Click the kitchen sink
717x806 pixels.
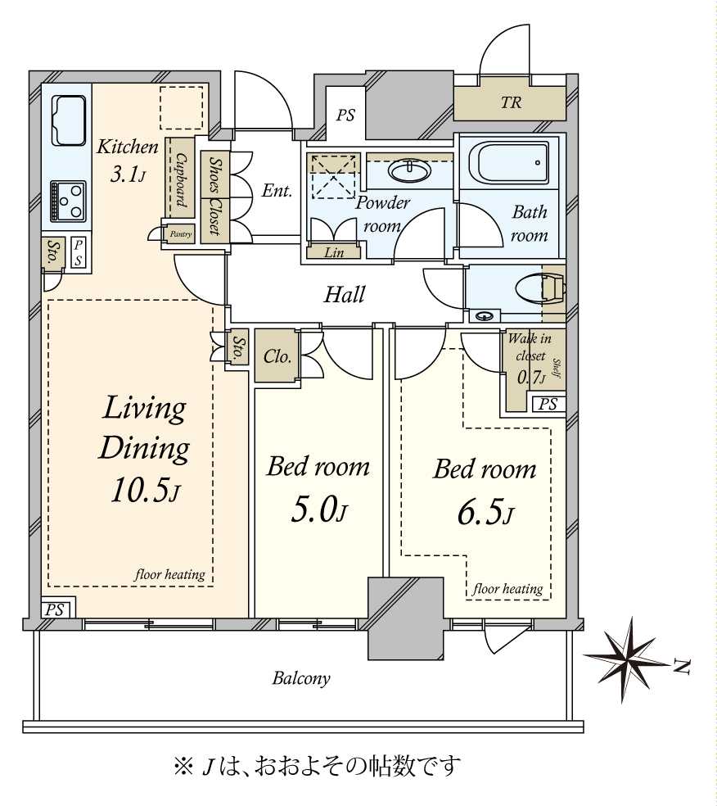68,120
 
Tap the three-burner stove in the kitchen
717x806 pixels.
68,201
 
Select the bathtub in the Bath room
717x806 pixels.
509,162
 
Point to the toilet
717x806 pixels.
539,290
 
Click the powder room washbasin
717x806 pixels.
409,170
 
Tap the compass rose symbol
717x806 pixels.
628,659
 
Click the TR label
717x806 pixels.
511,102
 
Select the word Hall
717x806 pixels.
344,295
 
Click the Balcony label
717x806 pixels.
301,678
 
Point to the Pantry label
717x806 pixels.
181,234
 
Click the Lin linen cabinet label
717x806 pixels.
334,252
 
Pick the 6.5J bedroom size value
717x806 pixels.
485,513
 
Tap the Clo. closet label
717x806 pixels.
277,356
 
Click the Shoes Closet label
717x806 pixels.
215,196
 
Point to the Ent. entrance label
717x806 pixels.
277,191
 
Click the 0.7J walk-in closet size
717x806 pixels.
531,378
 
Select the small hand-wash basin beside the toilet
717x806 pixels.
484,315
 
